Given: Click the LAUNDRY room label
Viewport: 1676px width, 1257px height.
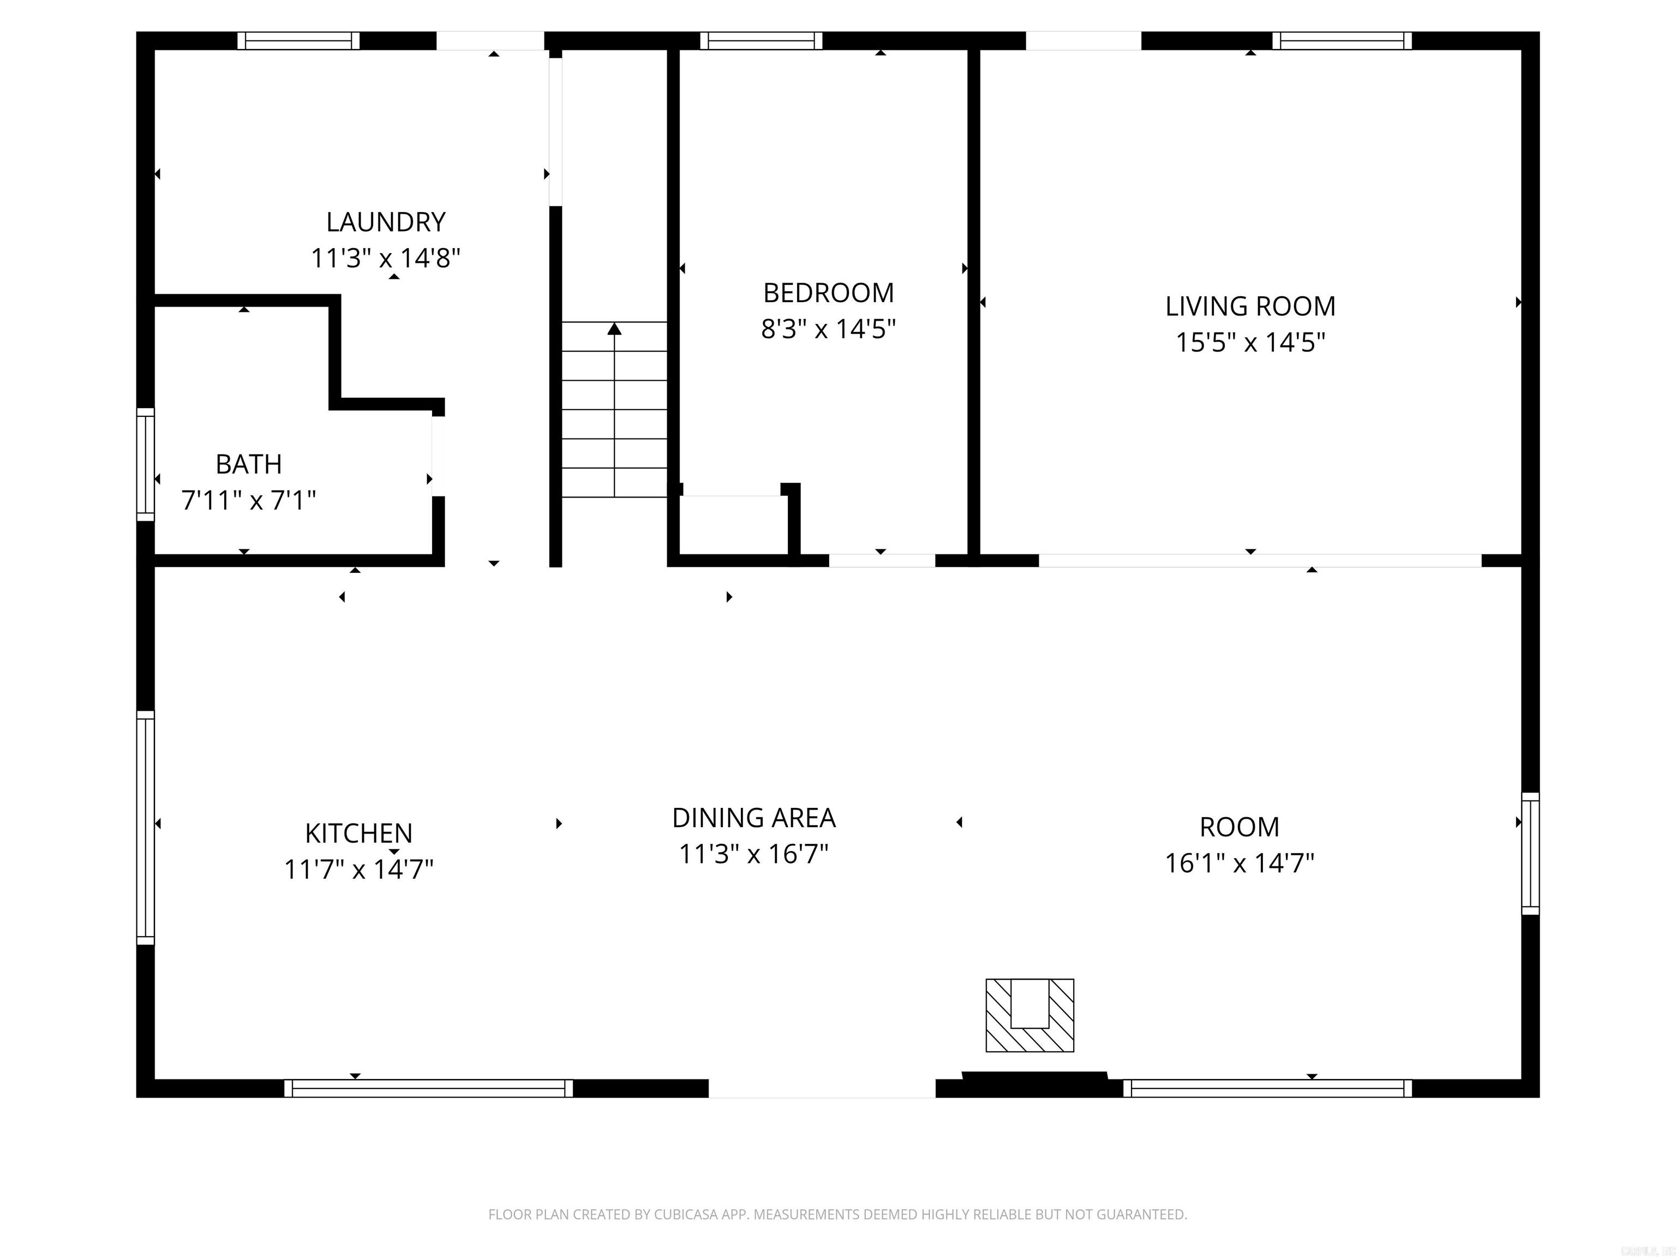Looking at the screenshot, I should pos(386,222).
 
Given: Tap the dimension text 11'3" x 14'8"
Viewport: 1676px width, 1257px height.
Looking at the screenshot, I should pos(386,259).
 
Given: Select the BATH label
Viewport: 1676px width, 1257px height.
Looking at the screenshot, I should pos(249,464).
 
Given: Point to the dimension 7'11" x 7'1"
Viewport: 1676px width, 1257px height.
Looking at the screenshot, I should pos(249,500).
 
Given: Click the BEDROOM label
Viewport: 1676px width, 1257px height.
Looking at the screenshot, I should pos(828,292).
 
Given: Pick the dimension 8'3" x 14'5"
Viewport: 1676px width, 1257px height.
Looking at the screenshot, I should pos(828,329).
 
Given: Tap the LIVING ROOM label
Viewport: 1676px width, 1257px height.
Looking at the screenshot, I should pos(1250,306).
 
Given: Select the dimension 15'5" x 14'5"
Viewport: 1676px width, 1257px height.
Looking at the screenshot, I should pos(1250,343).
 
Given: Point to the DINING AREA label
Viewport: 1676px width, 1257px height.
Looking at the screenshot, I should pos(754,818).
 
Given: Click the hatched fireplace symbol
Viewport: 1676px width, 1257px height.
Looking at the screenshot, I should pos(1029,1015).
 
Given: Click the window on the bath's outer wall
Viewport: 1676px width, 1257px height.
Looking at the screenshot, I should pos(146,464).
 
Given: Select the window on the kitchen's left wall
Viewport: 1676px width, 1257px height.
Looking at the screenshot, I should pos(146,828).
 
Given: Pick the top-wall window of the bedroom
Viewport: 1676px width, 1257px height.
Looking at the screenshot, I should pos(761,41).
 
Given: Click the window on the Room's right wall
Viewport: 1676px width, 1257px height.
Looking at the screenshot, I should pos(1530,853).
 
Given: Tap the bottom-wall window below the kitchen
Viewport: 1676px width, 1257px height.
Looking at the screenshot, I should pos(429,1088).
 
